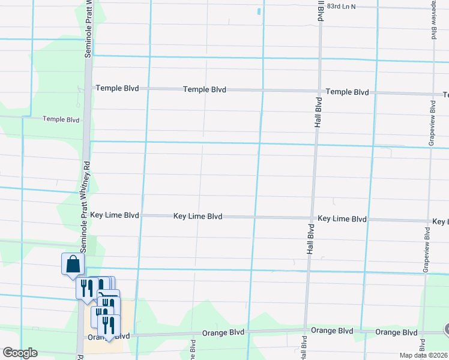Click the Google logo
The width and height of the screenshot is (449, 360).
pos(20,353)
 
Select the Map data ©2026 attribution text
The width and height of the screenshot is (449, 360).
pos(424,355)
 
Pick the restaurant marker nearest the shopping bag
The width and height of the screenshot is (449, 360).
pos(86,288)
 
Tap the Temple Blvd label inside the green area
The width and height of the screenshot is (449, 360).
pos(61,119)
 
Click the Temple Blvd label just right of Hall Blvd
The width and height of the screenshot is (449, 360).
pos(347,92)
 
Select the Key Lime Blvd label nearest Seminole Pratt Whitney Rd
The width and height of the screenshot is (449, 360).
pos(115,215)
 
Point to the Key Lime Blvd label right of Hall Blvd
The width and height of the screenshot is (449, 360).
pos(342,219)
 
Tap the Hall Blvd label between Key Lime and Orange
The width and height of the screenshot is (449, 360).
pos(310,239)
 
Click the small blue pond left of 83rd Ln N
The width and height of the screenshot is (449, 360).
pos(259,11)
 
